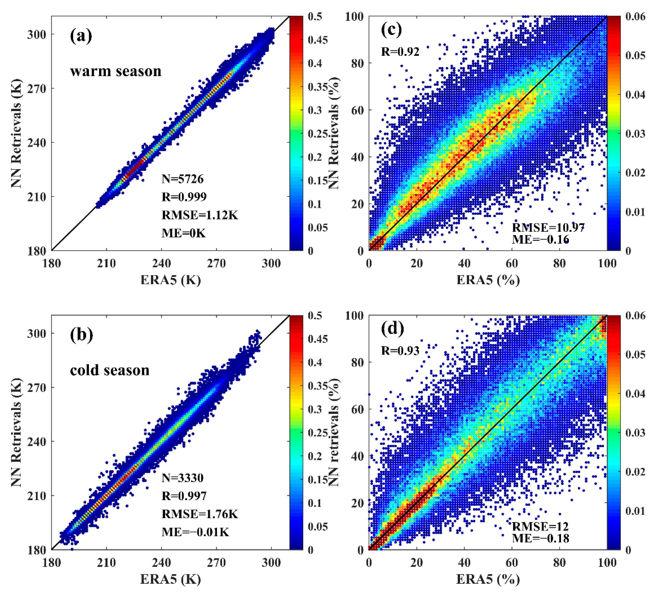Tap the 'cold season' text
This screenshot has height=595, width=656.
pyautogui.click(x=110, y=370)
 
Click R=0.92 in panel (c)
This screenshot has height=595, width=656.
pyautogui.click(x=400, y=51)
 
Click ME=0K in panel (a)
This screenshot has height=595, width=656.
pyautogui.click(x=183, y=233)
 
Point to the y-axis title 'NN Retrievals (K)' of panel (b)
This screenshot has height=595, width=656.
pyautogui.click(x=16, y=433)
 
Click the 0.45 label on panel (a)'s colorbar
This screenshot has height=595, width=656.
pyautogui.click(x=318, y=40)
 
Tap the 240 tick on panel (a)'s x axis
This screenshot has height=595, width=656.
pyautogui.click(x=161, y=263)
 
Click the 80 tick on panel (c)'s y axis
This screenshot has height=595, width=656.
pyautogui.click(x=357, y=63)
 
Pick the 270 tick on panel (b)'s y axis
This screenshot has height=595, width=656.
pyautogui.click(x=36, y=387)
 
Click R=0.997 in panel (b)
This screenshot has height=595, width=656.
pyautogui.click(x=184, y=496)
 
